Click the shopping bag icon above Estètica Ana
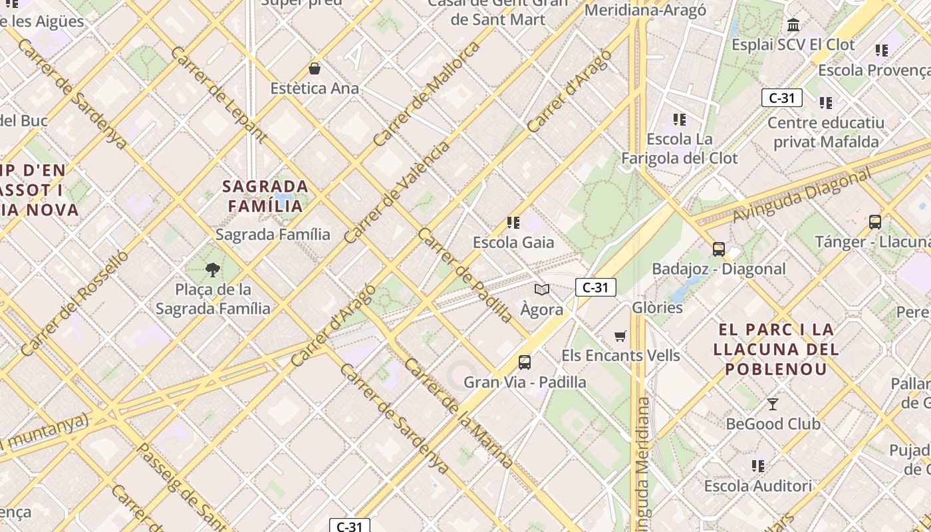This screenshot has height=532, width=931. pyautogui.click(x=315, y=68)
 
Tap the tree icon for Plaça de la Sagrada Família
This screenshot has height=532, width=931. pyautogui.click(x=213, y=269)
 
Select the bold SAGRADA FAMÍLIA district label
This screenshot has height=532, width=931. pyautogui.click(x=265, y=196)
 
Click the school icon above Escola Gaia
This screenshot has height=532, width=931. pyautogui.click(x=513, y=222)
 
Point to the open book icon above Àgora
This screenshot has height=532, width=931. pyautogui.click(x=542, y=289)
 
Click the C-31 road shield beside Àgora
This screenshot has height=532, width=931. pyautogui.click(x=595, y=287)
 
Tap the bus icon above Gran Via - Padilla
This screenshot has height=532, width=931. pyautogui.click(x=525, y=362)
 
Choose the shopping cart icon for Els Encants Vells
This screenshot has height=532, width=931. pyautogui.click(x=620, y=336)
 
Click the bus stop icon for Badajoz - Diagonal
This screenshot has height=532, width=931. pyautogui.click(x=718, y=249)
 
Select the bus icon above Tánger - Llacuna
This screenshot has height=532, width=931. pyautogui.click(x=875, y=222)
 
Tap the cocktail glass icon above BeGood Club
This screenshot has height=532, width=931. pyautogui.click(x=772, y=404)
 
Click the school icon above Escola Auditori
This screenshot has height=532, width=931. pyautogui.click(x=758, y=466)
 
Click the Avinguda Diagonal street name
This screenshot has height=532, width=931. pyautogui.click(x=801, y=196)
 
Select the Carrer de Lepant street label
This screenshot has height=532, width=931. pyautogui.click(x=219, y=94)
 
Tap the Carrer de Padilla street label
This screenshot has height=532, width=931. pyautogui.click(x=465, y=275)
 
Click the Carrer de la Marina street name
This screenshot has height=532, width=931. pyautogui.click(x=458, y=413)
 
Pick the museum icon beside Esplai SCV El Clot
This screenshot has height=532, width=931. pyautogui.click(x=793, y=25)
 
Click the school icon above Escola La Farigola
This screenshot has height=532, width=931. pyautogui.click(x=679, y=120)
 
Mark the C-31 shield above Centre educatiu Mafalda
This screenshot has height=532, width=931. pyautogui.click(x=781, y=98)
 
